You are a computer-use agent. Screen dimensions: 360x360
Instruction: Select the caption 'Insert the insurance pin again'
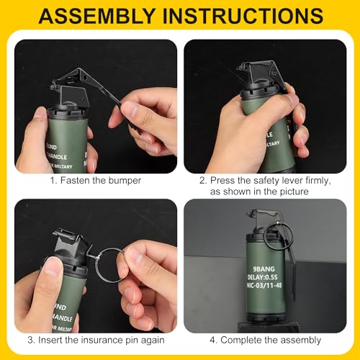click(96, 340)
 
